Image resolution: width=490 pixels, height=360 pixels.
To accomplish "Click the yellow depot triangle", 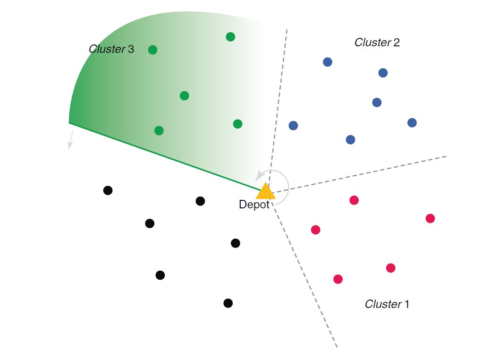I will [265, 191].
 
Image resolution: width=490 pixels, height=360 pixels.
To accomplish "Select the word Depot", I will [254, 205].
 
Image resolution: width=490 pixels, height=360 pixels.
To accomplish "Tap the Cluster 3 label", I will [111, 49].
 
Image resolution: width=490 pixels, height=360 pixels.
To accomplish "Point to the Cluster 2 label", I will [377, 43].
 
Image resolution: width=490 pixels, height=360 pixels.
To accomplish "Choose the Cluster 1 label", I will [387, 304].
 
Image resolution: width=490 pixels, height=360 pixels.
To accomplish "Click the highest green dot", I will [230, 37].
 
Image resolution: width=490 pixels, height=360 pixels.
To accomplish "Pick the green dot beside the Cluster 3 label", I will [152, 50].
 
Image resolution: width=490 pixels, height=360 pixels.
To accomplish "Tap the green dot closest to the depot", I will [237, 124].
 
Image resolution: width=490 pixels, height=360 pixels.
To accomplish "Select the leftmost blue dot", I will [293, 126].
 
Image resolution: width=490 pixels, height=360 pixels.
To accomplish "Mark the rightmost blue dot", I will [412, 123].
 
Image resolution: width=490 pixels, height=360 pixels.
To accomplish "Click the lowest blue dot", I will [350, 139].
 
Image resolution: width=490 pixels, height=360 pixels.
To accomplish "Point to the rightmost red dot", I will [430, 218].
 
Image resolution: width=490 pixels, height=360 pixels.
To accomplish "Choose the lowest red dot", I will [338, 279].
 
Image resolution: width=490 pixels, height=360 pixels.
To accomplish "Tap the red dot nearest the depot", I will [316, 230].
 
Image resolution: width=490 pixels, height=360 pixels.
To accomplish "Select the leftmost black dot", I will [108, 190].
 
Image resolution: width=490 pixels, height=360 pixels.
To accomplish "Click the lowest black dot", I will [228, 303].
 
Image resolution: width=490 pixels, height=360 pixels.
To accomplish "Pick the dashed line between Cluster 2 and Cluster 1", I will [359, 174].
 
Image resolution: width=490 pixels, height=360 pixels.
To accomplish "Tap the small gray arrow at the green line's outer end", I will [70, 140].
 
